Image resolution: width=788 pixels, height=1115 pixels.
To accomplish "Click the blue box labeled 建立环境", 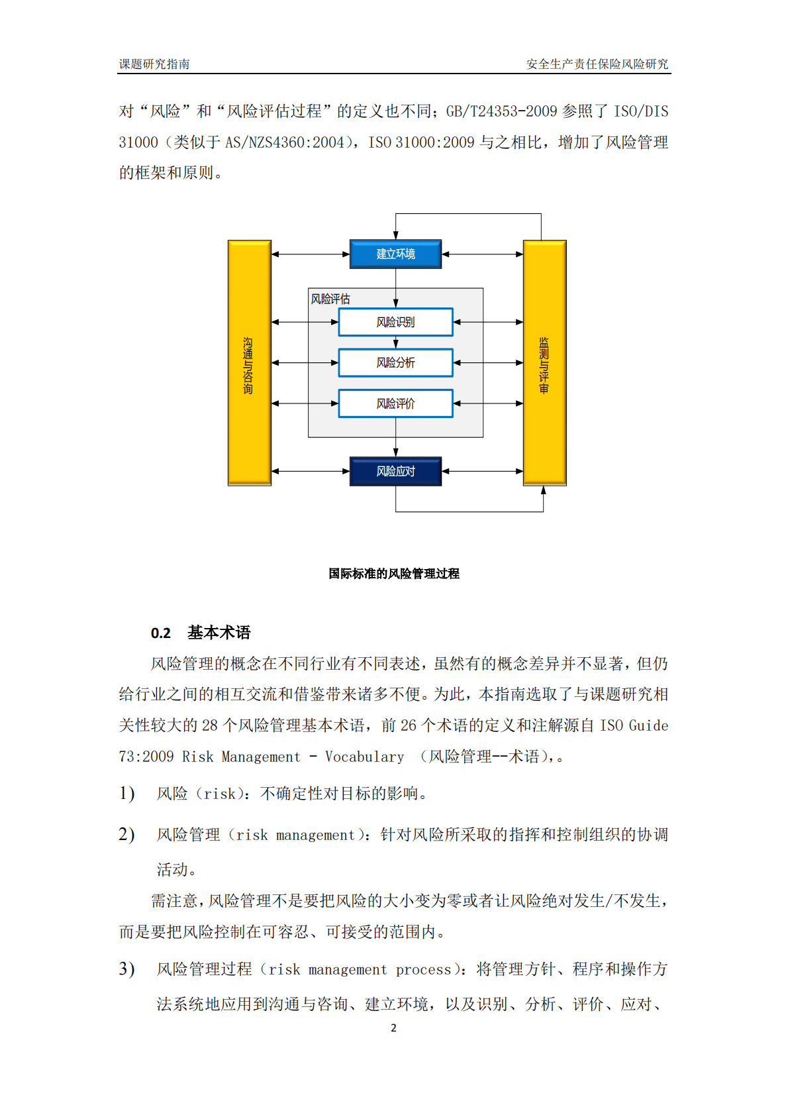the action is [395, 254].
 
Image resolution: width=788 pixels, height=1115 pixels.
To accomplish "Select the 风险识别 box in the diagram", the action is [395, 322].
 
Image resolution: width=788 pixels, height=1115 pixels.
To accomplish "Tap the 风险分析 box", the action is [395, 362].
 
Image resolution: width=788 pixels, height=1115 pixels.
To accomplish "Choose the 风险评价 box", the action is [395, 403].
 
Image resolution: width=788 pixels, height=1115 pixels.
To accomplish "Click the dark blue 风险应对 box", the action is [395, 471].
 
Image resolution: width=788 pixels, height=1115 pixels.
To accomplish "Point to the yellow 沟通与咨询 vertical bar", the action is [249, 363].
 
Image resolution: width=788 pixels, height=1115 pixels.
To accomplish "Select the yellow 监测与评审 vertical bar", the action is [544, 363].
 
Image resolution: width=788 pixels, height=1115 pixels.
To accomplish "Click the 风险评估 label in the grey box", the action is [330, 299].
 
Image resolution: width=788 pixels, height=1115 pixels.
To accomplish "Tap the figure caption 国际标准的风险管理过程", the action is [394, 574].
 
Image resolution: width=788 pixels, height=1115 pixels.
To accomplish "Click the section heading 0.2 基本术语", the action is [201, 633].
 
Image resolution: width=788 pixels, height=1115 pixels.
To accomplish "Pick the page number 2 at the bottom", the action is [393, 1028].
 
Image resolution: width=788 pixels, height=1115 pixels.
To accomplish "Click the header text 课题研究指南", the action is [154, 64].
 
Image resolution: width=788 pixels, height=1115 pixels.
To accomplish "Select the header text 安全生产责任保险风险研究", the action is [597, 64].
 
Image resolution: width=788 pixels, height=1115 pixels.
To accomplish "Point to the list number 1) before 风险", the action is [126, 793].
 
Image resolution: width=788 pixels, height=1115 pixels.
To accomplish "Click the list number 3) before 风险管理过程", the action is [126, 969].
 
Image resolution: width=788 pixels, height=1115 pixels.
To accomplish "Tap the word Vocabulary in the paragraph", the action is [364, 757].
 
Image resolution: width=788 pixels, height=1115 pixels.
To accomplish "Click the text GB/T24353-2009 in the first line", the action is [501, 111].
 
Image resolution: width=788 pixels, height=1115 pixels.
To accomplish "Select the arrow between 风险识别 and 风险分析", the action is [396, 343].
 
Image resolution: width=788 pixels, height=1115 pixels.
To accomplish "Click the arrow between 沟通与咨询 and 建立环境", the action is [310, 254].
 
